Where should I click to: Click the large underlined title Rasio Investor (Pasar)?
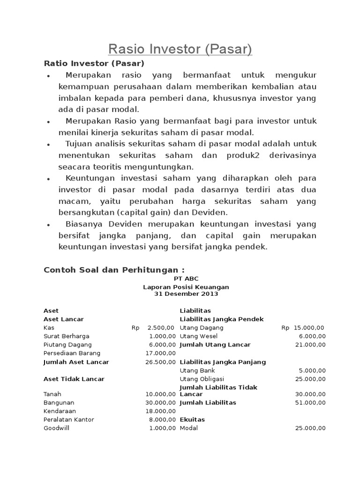180,49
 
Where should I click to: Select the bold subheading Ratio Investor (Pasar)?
94,63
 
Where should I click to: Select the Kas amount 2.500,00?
161,328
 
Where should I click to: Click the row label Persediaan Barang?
72,353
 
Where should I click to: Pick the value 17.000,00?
161,353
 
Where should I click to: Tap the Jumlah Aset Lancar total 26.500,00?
161,362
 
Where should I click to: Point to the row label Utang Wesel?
195,336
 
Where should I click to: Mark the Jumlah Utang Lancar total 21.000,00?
310,345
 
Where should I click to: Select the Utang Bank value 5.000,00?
312,370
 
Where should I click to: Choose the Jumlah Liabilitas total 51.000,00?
310,402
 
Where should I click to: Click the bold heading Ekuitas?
192,420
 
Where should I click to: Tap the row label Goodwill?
56,428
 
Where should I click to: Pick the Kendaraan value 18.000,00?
161,411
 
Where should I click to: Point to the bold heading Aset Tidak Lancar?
74,379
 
